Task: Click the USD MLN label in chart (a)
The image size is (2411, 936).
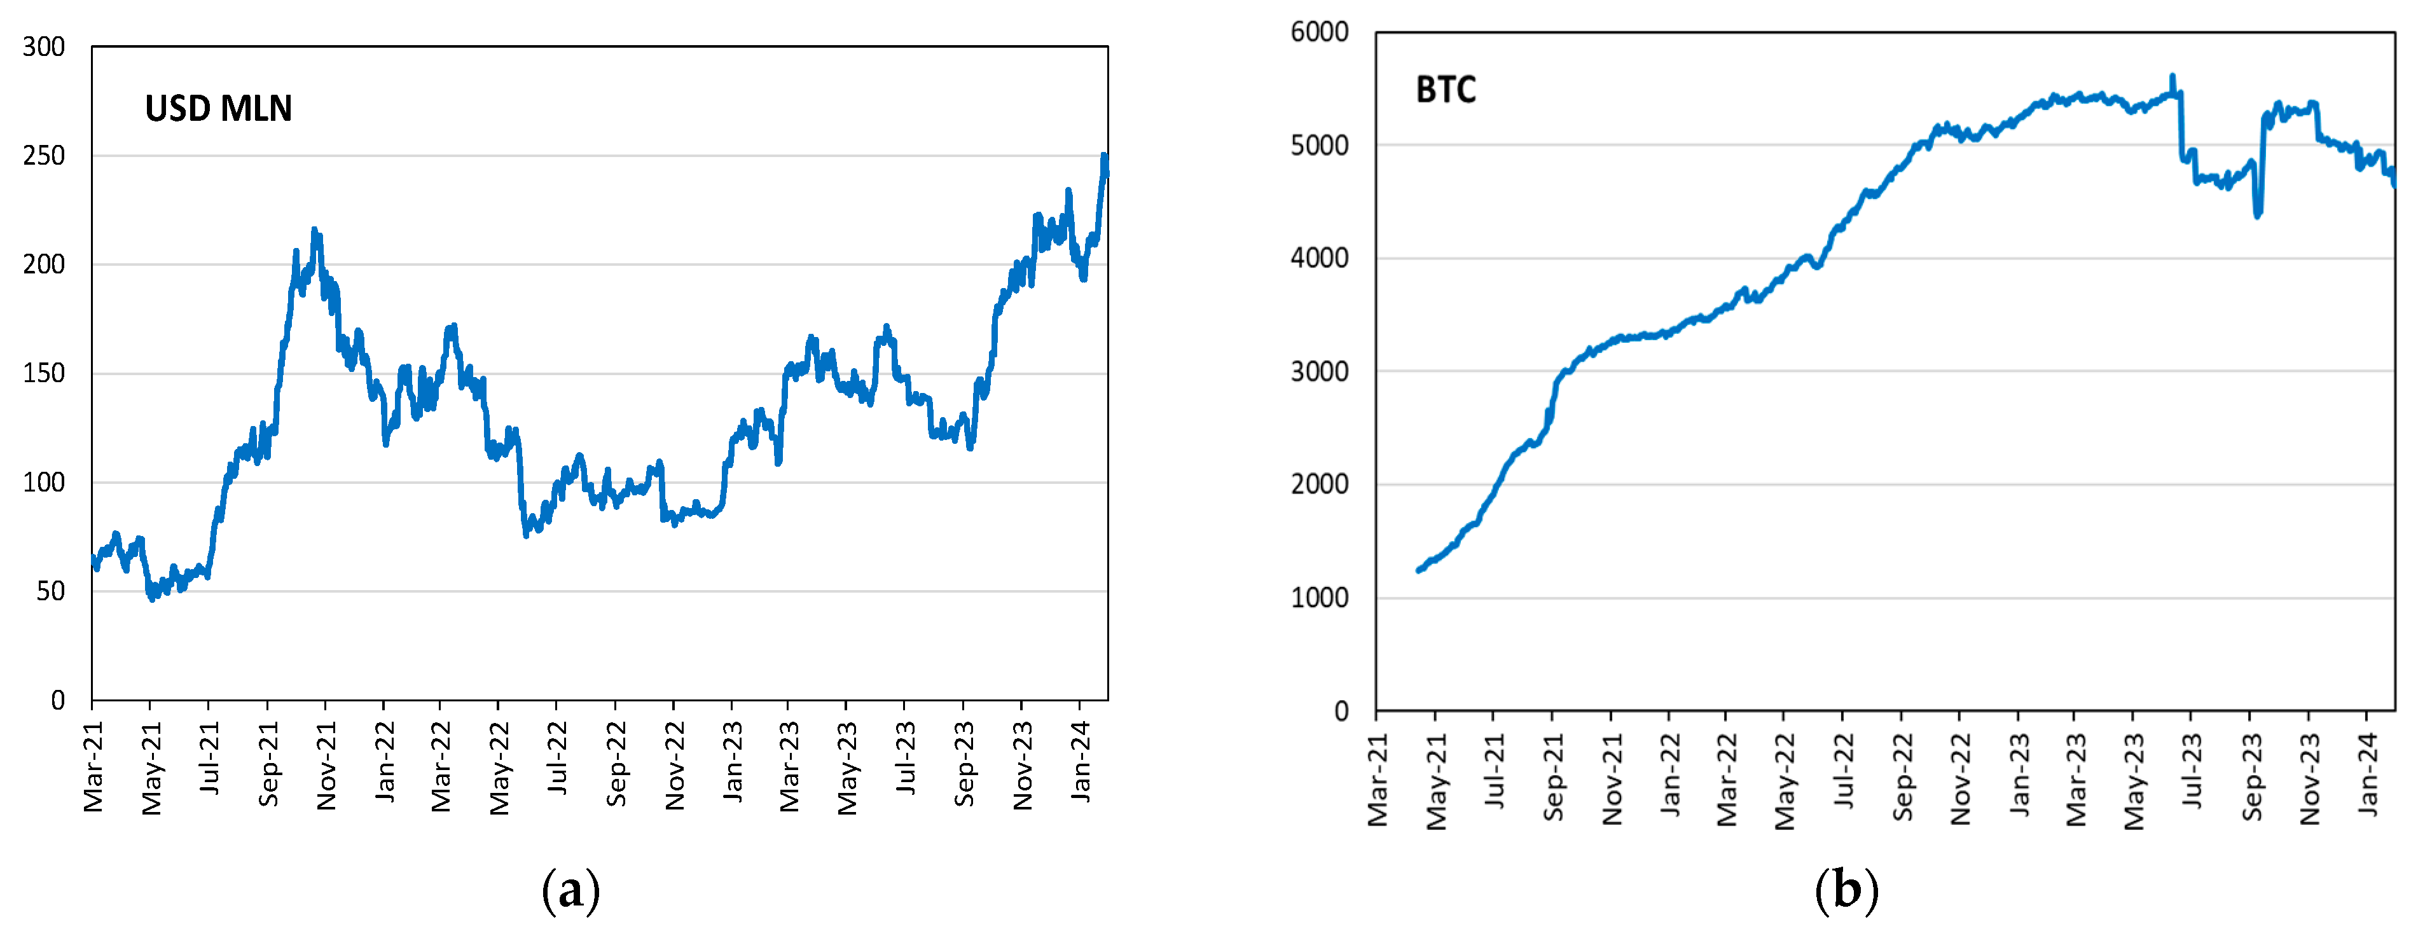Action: pyautogui.click(x=218, y=109)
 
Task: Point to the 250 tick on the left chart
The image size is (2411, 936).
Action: pyautogui.click(x=44, y=155)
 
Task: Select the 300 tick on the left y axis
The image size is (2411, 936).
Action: pyautogui.click(x=44, y=47)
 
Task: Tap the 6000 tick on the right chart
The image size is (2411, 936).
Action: pyautogui.click(x=1319, y=32)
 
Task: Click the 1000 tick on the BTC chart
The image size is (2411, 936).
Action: pyautogui.click(x=1319, y=597)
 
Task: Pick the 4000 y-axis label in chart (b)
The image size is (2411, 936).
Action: pyautogui.click(x=1319, y=258)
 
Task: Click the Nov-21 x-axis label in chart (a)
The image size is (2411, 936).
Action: pyautogui.click(x=326, y=766)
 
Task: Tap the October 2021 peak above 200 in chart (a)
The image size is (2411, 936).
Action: pyautogui.click(x=314, y=230)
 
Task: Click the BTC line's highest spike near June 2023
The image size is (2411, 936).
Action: pyautogui.click(x=2173, y=77)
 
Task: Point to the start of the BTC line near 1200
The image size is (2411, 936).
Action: pyautogui.click(x=1419, y=569)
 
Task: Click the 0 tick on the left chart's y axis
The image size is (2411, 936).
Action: pyautogui.click(x=58, y=700)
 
